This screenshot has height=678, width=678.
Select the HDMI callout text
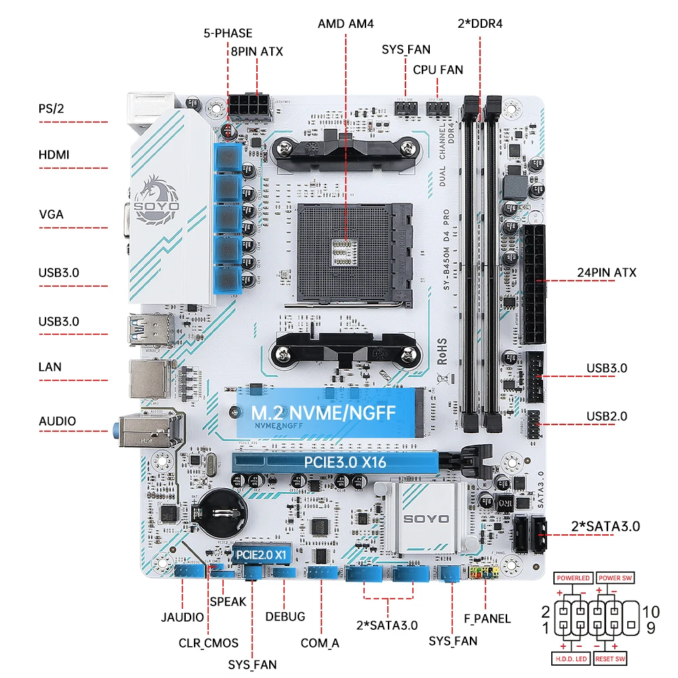click(x=54, y=155)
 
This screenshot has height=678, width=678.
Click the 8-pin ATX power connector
click(x=249, y=107)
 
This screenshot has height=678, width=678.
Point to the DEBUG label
click(x=285, y=616)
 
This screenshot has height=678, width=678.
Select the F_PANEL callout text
click(x=486, y=618)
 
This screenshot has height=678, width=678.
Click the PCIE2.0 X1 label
click(x=262, y=554)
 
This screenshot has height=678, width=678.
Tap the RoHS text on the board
click(x=441, y=347)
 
